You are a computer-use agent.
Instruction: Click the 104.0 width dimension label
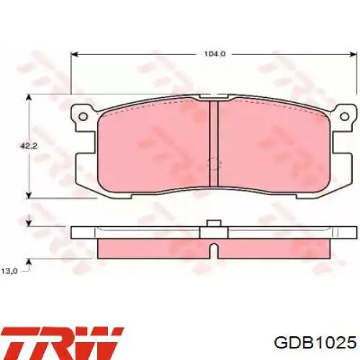[215, 54]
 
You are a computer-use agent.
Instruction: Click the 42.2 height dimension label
[28, 146]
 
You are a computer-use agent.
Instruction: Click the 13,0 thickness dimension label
[9, 271]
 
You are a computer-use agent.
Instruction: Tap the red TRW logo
[62, 343]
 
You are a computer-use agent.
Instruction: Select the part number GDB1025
[315, 342]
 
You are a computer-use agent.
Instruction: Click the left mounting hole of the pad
[83, 117]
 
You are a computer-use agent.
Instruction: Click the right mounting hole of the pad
[345, 117]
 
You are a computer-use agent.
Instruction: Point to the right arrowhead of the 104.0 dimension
[354, 54]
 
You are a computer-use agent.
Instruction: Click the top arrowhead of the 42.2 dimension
[29, 97]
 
